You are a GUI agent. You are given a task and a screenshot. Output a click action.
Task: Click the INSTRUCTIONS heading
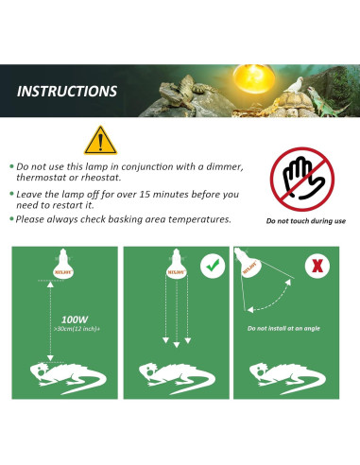click(x=67, y=92)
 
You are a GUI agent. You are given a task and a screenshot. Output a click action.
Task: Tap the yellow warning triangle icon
click(x=100, y=141)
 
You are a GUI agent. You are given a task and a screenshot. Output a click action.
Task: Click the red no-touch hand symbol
click(x=302, y=179)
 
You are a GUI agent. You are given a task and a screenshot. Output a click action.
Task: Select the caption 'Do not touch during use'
click(x=306, y=221)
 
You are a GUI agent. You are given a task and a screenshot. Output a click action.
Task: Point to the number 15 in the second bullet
click(x=145, y=194)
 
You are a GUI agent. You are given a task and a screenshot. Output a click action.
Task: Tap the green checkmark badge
click(x=213, y=266)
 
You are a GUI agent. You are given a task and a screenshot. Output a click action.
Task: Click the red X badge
click(x=317, y=266)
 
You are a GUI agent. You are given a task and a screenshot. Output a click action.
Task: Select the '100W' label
click(x=75, y=319)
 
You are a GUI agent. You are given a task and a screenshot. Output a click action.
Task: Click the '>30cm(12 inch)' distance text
click(x=77, y=329)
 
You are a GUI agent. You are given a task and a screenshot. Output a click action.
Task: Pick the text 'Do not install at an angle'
click(x=283, y=328)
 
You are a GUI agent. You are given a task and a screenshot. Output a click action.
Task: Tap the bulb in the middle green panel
click(x=177, y=264)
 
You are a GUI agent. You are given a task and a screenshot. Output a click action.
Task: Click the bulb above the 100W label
click(x=63, y=264)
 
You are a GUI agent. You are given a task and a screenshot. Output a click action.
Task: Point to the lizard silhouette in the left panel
click(x=68, y=378)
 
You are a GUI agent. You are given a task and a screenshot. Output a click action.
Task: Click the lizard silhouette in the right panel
click(x=287, y=378)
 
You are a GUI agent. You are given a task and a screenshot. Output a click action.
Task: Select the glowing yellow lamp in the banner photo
click(x=254, y=78)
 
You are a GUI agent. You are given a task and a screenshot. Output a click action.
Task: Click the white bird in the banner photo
click(x=295, y=84)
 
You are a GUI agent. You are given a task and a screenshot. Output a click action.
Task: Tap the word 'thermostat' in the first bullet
click(x=42, y=178)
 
